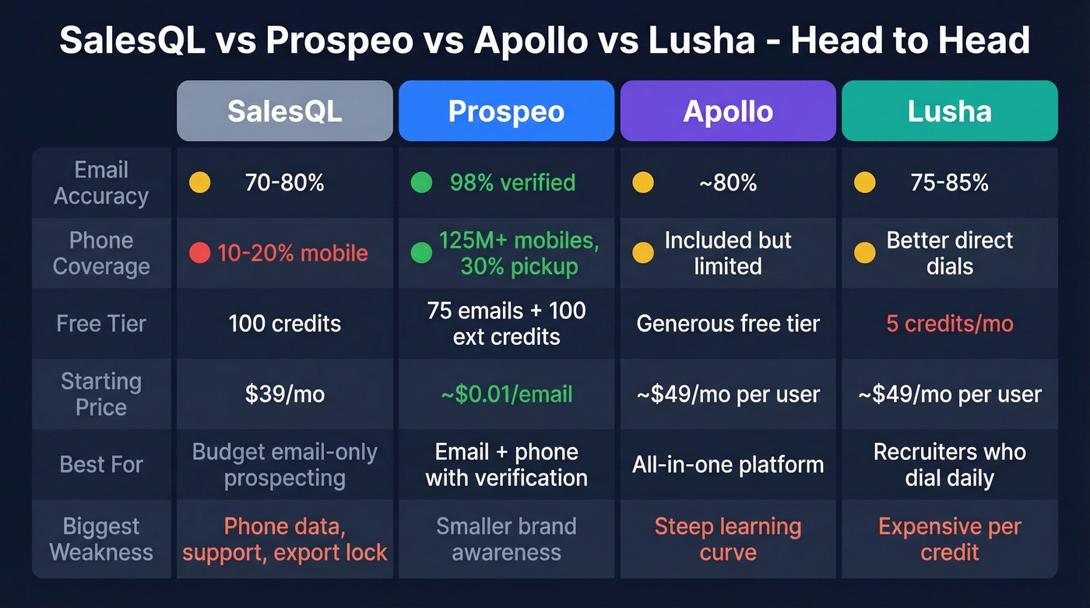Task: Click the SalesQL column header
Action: pyautogui.click(x=284, y=111)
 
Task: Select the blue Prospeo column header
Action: pyautogui.click(x=506, y=111)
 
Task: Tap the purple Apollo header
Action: pyautogui.click(x=728, y=111)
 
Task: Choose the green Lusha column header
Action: pyautogui.click(x=949, y=111)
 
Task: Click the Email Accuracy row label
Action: pyautogui.click(x=101, y=183)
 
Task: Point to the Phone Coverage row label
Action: pyautogui.click(x=101, y=253)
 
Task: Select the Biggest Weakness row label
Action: pyautogui.click(x=101, y=539)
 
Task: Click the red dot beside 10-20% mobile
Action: pyautogui.click(x=200, y=253)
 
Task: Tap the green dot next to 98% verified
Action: pyautogui.click(x=421, y=183)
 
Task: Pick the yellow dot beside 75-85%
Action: pyautogui.click(x=864, y=183)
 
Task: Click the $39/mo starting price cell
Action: pyautogui.click(x=284, y=394)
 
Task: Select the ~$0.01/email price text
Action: pyautogui.click(x=506, y=394)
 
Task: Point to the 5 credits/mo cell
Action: pyautogui.click(x=949, y=323)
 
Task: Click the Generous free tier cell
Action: pyautogui.click(x=728, y=323)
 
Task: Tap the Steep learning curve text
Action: pyautogui.click(x=728, y=539)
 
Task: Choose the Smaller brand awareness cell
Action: pyautogui.click(x=506, y=539)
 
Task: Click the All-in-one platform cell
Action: pyautogui.click(x=728, y=465)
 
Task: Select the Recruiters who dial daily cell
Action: pyautogui.click(x=949, y=465)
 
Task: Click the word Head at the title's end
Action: pyautogui.click(x=987, y=40)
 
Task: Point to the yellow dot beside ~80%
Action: pyautogui.click(x=643, y=183)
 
